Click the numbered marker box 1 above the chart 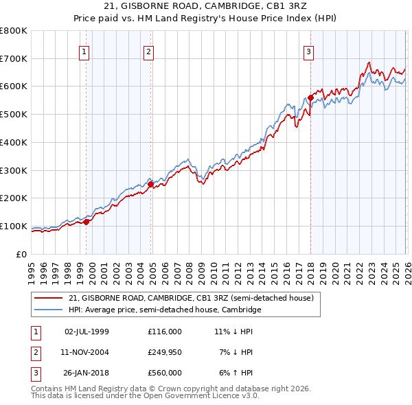point(83,51)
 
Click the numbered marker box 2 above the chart point(148,51)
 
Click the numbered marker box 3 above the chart point(308,51)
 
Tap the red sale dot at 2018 point(310,97)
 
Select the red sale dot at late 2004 point(151,183)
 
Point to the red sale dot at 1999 point(87,221)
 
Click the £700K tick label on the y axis point(14,58)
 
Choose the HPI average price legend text point(165,310)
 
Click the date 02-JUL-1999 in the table point(87,331)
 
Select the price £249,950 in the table point(164,352)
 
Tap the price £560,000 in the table point(164,373)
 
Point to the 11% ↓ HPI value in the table point(234,331)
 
